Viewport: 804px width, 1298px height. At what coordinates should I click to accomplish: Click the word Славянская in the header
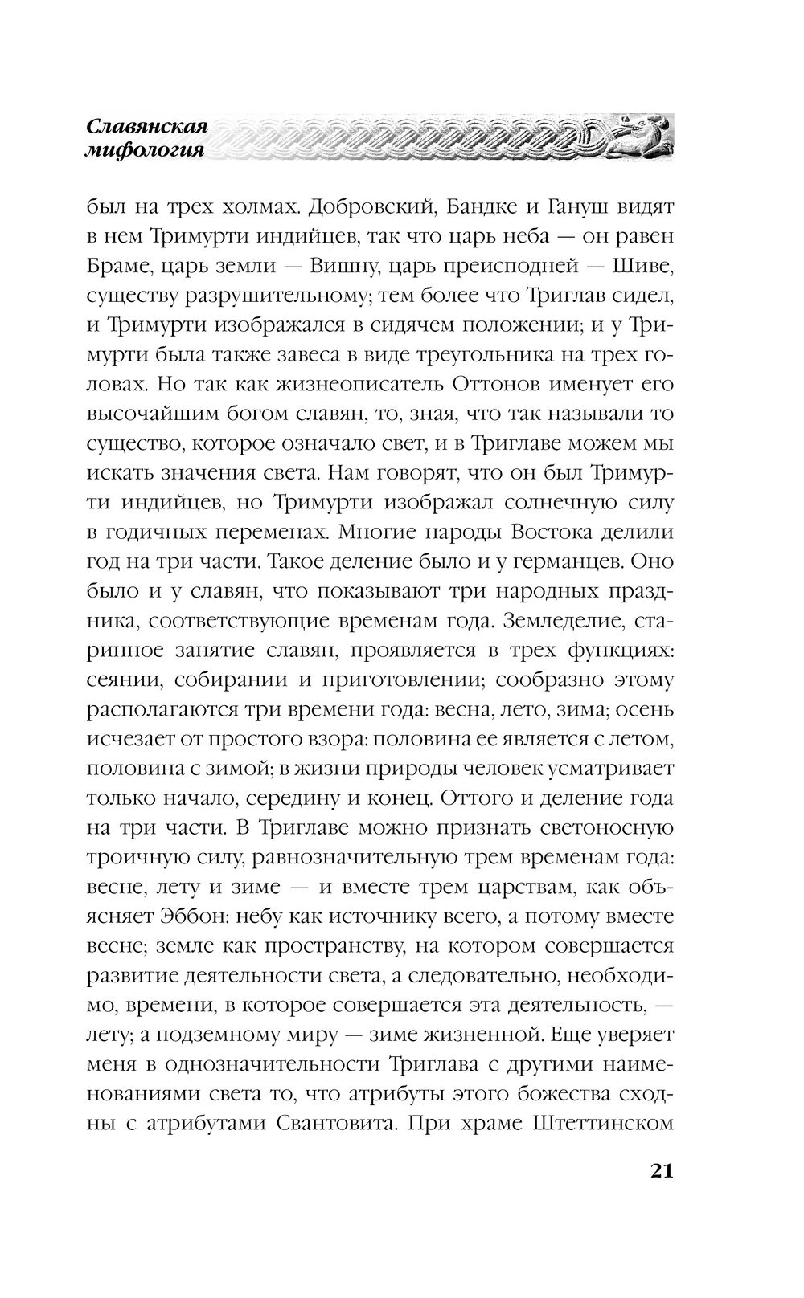coord(146,126)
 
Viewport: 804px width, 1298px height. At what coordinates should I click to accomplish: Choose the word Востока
coord(557,533)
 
